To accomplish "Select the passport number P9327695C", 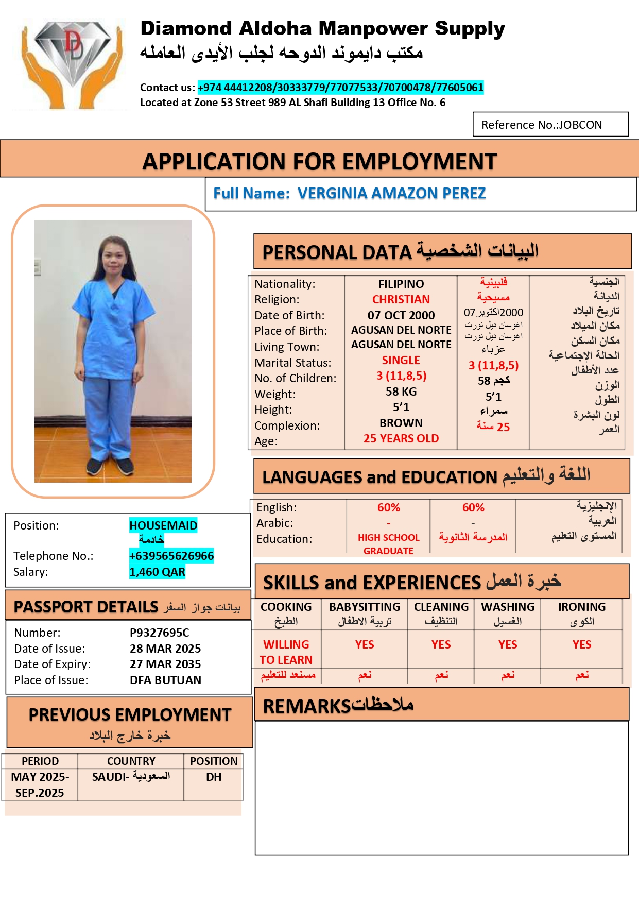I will point(159,633).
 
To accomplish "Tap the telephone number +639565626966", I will point(171,556).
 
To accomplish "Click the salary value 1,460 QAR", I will point(157,572).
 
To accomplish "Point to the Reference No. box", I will point(550,125).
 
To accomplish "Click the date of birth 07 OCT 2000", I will point(401,315).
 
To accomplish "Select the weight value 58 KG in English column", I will point(401,391).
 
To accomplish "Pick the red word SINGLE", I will point(401,360).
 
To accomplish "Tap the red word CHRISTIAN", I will point(401,299).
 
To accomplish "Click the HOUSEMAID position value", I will point(163,525).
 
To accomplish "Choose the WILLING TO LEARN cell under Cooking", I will point(286,652).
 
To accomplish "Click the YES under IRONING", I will point(582,645).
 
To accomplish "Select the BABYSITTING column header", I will point(365,607).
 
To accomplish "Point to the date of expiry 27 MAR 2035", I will point(165,664).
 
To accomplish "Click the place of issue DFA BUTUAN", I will point(165,680).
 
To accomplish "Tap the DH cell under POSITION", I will point(214,777).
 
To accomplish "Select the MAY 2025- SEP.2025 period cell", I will point(40,784).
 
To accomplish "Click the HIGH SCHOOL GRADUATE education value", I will point(388,544).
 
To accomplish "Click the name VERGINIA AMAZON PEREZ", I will point(391,193).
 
